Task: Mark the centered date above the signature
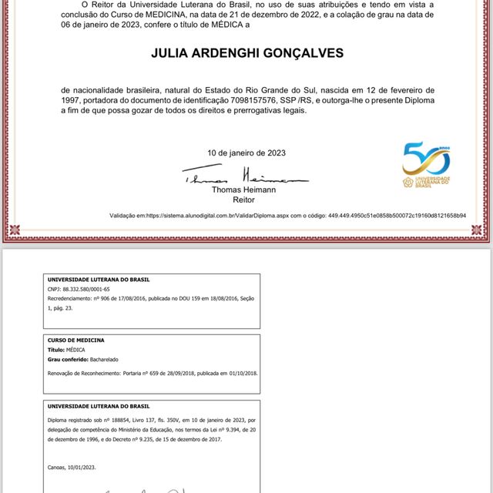[x=246, y=153]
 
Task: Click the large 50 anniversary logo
[x=426, y=160]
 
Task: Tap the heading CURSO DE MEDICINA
[x=76, y=340]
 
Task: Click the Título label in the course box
[x=57, y=350]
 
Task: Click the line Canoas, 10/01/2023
[x=72, y=467]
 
